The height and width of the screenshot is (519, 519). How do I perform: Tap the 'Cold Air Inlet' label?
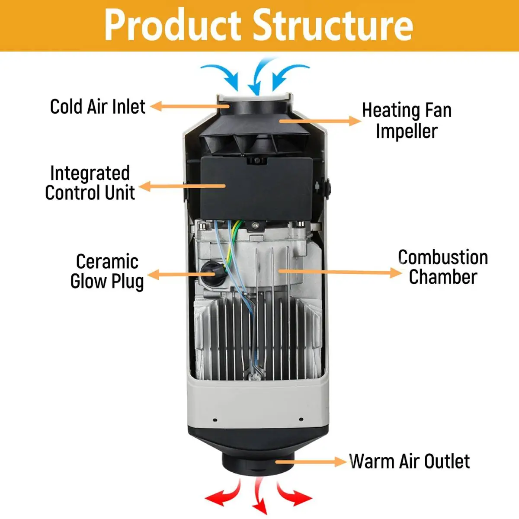(98, 107)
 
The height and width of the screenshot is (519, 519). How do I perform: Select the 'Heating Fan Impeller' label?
(407, 121)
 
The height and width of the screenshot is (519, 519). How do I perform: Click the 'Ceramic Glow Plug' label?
(107, 272)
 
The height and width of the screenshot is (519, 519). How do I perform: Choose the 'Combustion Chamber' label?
(443, 267)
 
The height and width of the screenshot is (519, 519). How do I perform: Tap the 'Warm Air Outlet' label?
(409, 461)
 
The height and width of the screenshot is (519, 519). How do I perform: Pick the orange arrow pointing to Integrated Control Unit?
(182, 186)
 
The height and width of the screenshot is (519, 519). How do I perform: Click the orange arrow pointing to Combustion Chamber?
(340, 272)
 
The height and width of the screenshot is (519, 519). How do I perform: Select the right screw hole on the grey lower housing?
(301, 420)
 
